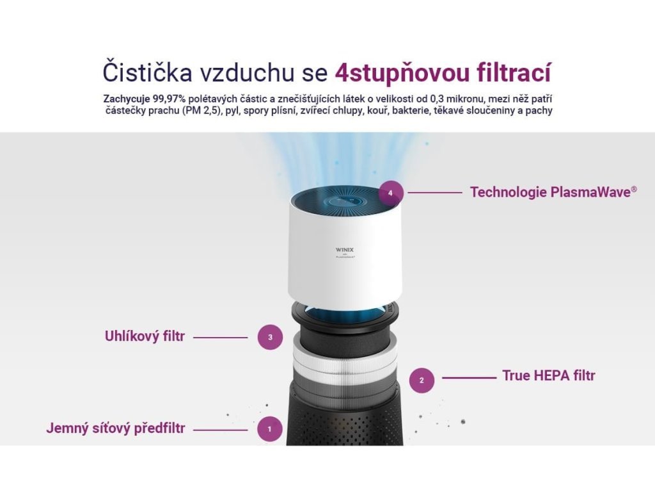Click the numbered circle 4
391,193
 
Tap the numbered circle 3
271,337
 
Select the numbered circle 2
422,380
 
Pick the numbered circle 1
270,429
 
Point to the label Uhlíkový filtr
145,336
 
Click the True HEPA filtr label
548,375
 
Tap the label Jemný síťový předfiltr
116,429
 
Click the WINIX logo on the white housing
345,250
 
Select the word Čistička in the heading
148,72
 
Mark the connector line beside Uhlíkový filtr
221,337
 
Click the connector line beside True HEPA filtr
469,378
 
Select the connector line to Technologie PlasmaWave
435,192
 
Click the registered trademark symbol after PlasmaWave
634,189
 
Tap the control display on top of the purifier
345,201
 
